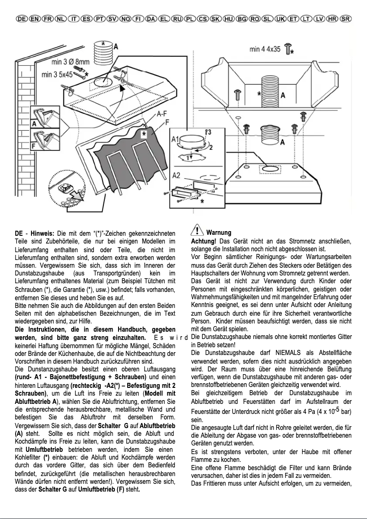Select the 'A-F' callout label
161,114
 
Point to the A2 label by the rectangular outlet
177,175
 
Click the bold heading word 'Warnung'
219,233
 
